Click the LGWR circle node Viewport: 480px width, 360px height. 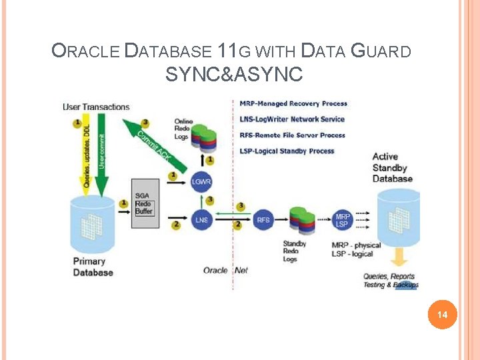(x=201, y=181)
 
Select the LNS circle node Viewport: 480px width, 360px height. (x=201, y=219)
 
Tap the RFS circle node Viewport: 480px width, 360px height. (x=263, y=219)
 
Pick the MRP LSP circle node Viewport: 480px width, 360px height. (x=342, y=219)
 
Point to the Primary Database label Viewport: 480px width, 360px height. (x=93, y=267)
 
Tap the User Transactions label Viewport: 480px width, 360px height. (x=96, y=107)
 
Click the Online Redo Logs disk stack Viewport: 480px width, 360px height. (x=205, y=137)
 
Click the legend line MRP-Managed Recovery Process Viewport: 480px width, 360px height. (x=293, y=103)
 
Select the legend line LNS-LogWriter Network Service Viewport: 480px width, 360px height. (x=292, y=119)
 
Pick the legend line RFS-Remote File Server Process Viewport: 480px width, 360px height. (x=292, y=135)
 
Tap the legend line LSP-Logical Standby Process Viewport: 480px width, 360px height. (x=287, y=151)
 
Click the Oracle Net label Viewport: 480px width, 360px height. (x=225, y=270)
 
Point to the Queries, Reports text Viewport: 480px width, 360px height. (x=389, y=276)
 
